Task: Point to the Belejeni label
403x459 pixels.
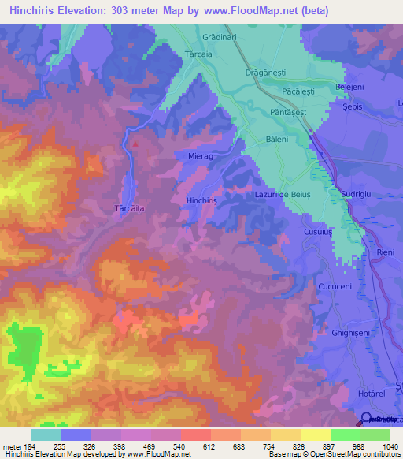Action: (349, 86)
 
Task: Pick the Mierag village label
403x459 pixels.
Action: (201, 156)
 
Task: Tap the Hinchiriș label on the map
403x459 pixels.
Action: (207, 200)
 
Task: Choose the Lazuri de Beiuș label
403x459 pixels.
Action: (283, 194)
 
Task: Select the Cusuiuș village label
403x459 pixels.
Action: (320, 233)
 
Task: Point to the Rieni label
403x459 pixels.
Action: (385, 252)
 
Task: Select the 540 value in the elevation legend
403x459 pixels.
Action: (179, 447)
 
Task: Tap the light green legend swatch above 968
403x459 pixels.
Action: (345, 435)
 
